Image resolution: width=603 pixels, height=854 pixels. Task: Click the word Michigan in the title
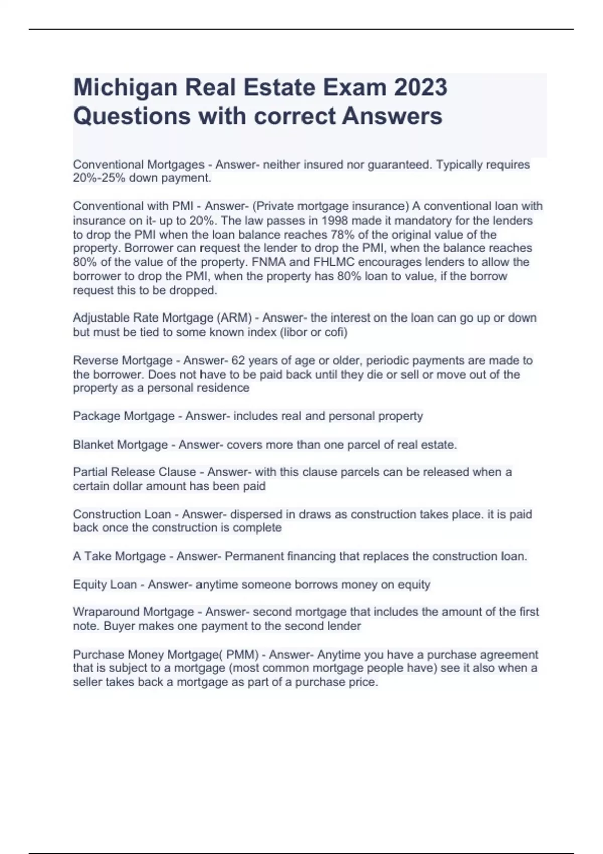(125, 88)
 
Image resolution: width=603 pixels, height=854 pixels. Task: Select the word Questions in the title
(132, 116)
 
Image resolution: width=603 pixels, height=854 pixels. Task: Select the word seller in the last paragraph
(87, 682)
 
